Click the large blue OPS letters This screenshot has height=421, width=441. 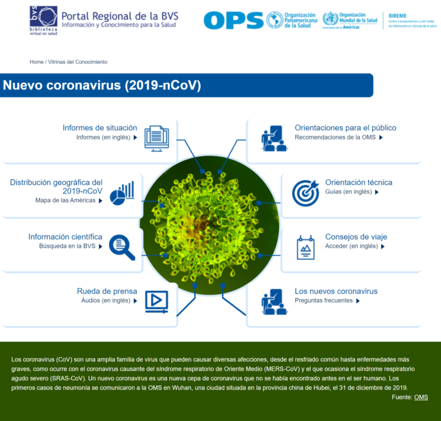point(233,20)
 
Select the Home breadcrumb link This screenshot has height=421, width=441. point(37,62)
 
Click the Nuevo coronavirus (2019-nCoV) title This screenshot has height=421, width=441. point(102,86)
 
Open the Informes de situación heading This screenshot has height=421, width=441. point(100,128)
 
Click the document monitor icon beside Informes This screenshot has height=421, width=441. point(157,138)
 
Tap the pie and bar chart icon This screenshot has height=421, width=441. point(122,193)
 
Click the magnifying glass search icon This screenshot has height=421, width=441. point(122,247)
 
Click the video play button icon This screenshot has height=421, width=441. point(156,301)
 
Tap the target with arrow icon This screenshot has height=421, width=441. point(305,193)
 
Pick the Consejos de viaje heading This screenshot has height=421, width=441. point(356,237)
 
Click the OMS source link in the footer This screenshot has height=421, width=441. point(421,397)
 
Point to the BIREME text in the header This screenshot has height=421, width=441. point(397,16)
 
